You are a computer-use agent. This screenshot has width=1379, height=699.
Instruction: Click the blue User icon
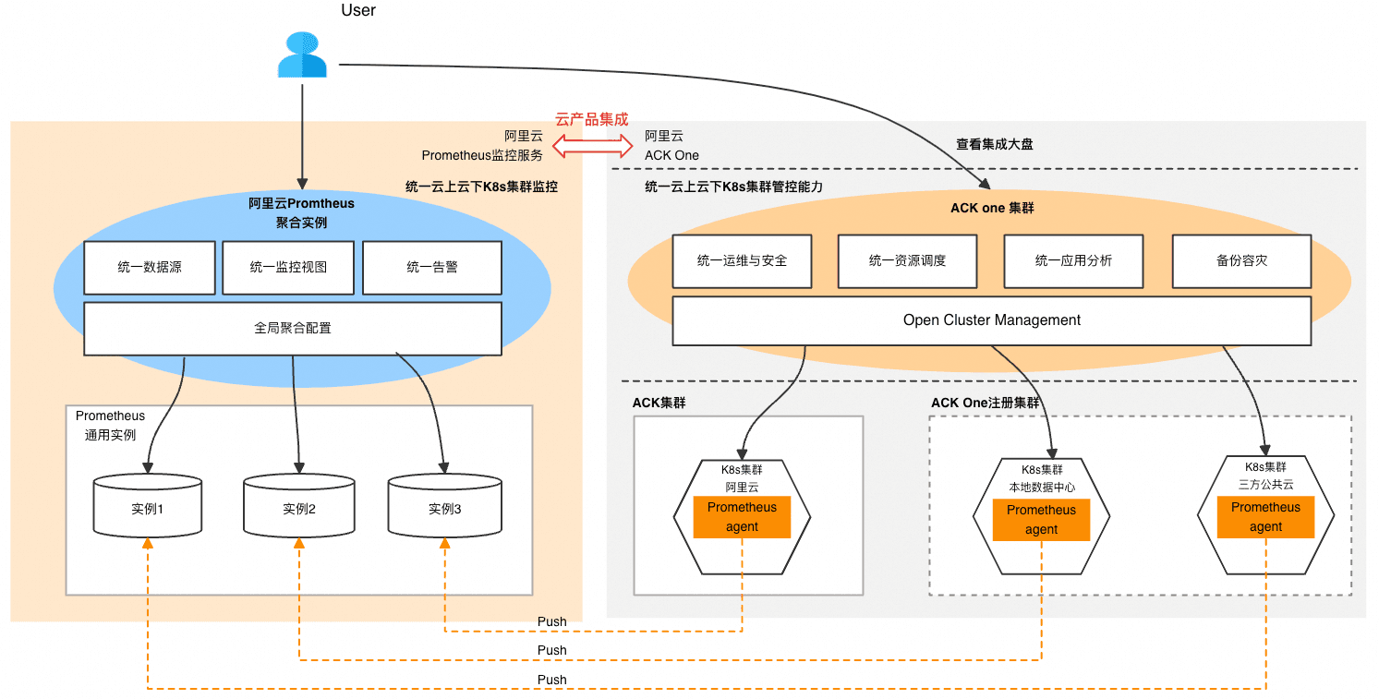coord(302,55)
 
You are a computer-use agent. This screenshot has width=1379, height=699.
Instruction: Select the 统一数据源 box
coord(150,267)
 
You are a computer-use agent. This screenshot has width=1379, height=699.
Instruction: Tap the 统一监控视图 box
coord(288,267)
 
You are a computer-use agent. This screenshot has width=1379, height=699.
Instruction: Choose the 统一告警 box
coord(432,267)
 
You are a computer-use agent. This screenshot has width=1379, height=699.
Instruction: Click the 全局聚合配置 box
coord(293,328)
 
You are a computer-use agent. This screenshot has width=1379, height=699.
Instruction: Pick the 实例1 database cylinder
coord(148,507)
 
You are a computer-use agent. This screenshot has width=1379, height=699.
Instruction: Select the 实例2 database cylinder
coord(299,507)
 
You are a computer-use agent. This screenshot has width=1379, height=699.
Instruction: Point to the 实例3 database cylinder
coord(444,507)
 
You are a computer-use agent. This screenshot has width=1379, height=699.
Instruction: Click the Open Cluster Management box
coord(991,320)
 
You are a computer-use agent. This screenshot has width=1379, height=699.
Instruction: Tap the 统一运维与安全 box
coord(742,260)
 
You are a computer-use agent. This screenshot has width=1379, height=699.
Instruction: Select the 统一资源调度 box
coord(907,260)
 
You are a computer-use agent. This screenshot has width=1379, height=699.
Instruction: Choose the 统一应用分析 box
coord(1073,260)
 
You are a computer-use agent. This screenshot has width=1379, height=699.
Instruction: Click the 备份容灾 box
coord(1241,260)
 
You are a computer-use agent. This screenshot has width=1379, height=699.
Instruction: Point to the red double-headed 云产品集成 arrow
coord(592,145)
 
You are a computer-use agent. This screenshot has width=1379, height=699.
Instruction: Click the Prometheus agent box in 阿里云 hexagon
coord(742,517)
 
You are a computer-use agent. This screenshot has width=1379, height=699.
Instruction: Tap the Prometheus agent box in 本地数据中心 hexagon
coord(1041,520)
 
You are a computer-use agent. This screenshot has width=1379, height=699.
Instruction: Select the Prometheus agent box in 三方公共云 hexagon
coord(1265,517)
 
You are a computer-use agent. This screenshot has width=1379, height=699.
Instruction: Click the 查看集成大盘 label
coord(994,145)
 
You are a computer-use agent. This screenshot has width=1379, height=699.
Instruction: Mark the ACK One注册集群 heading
coord(985,404)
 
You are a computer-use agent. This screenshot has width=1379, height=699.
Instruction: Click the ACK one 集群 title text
coord(992,208)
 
